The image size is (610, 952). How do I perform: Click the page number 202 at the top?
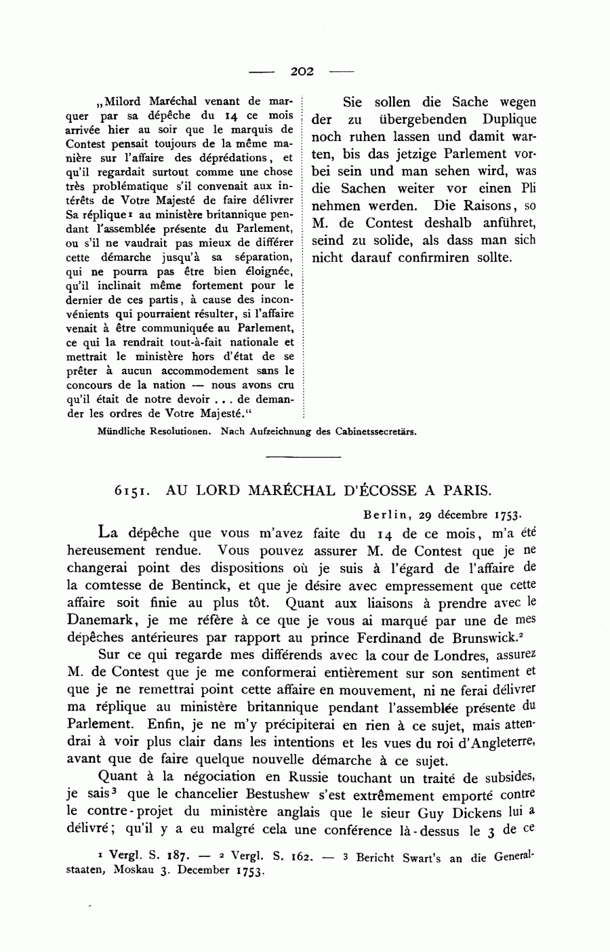(x=302, y=71)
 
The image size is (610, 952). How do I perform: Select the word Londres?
(x=465, y=655)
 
